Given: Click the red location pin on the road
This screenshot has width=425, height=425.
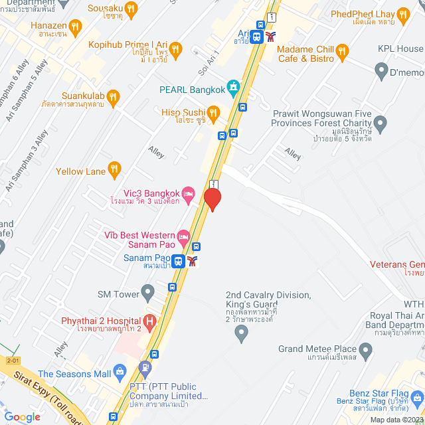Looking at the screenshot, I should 212,199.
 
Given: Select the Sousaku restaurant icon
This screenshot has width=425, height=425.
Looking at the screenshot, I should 130,9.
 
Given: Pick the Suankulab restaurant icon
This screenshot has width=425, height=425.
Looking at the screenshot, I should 113,96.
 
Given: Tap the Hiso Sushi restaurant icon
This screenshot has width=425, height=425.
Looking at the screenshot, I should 213,114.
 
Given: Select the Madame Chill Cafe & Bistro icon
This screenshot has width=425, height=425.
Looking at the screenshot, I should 342,50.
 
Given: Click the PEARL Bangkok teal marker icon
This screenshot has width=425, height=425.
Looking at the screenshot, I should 232,86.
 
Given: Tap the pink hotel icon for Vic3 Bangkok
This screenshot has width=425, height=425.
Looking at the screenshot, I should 188,193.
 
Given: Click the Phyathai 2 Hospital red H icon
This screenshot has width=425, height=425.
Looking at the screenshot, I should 150,323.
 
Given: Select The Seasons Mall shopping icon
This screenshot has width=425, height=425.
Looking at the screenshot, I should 120,373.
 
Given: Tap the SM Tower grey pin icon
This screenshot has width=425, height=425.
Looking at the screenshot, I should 147,292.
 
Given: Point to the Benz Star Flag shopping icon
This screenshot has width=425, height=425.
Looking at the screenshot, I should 416,399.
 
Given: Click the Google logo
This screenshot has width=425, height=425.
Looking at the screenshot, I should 22,417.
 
